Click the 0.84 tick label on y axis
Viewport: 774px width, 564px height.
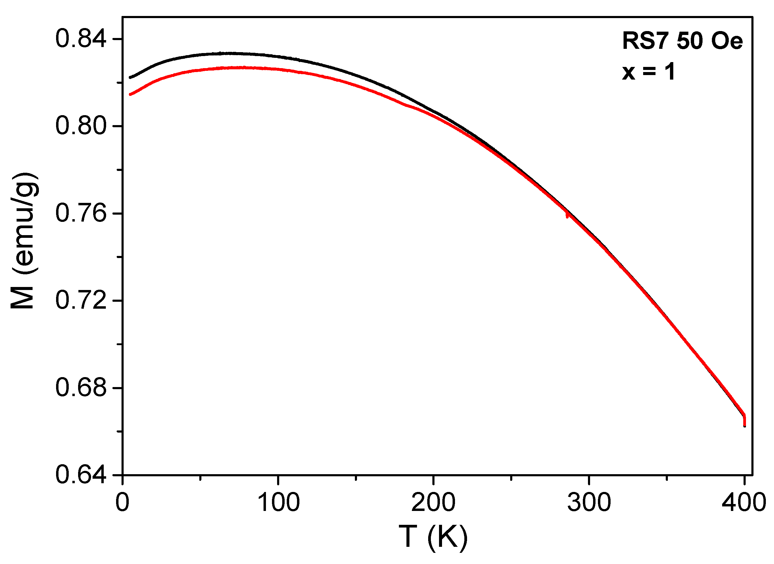[x=80, y=39]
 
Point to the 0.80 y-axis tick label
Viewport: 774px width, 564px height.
[x=80, y=126]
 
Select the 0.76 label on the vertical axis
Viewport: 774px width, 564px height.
[x=80, y=213]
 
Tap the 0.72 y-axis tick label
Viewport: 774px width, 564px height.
[x=80, y=301]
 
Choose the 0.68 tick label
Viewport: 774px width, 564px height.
[x=80, y=388]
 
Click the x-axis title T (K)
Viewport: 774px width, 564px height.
[x=433, y=537]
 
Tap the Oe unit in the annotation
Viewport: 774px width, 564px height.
[x=727, y=41]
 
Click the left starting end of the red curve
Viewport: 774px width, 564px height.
[x=130, y=95]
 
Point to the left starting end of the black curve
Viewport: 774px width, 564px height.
[x=130, y=78]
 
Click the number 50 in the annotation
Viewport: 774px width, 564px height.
[x=690, y=41]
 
